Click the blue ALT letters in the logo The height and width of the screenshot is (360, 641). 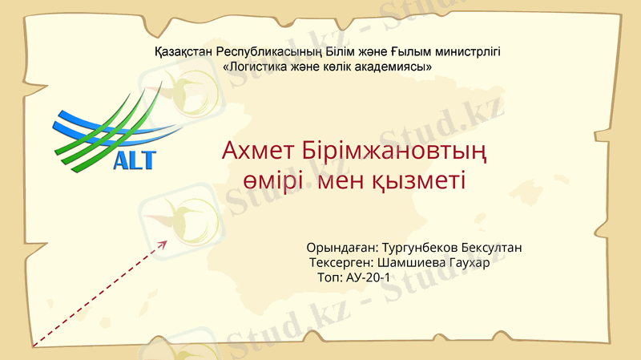click(135, 160)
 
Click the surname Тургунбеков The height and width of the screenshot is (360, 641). click(421, 249)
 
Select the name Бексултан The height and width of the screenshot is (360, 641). click(494, 249)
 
